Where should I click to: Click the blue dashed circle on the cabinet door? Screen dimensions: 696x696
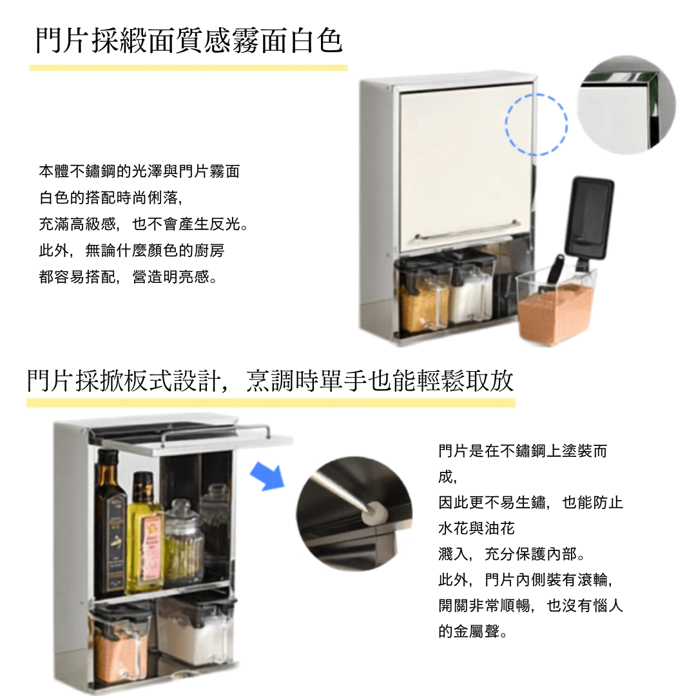[x=506, y=124]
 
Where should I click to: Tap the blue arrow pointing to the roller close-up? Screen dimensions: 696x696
[x=267, y=476]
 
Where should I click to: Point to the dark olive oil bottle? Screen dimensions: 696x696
[x=110, y=524]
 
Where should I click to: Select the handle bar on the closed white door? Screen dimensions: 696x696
[x=466, y=229]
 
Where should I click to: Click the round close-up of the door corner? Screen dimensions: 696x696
[x=626, y=105]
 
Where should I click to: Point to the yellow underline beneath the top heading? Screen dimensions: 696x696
[x=188, y=68]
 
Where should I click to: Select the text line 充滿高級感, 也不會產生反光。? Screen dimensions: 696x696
[x=143, y=224]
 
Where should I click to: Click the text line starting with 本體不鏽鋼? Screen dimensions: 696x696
[x=139, y=171]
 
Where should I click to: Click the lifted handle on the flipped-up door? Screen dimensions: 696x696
[x=215, y=432]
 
